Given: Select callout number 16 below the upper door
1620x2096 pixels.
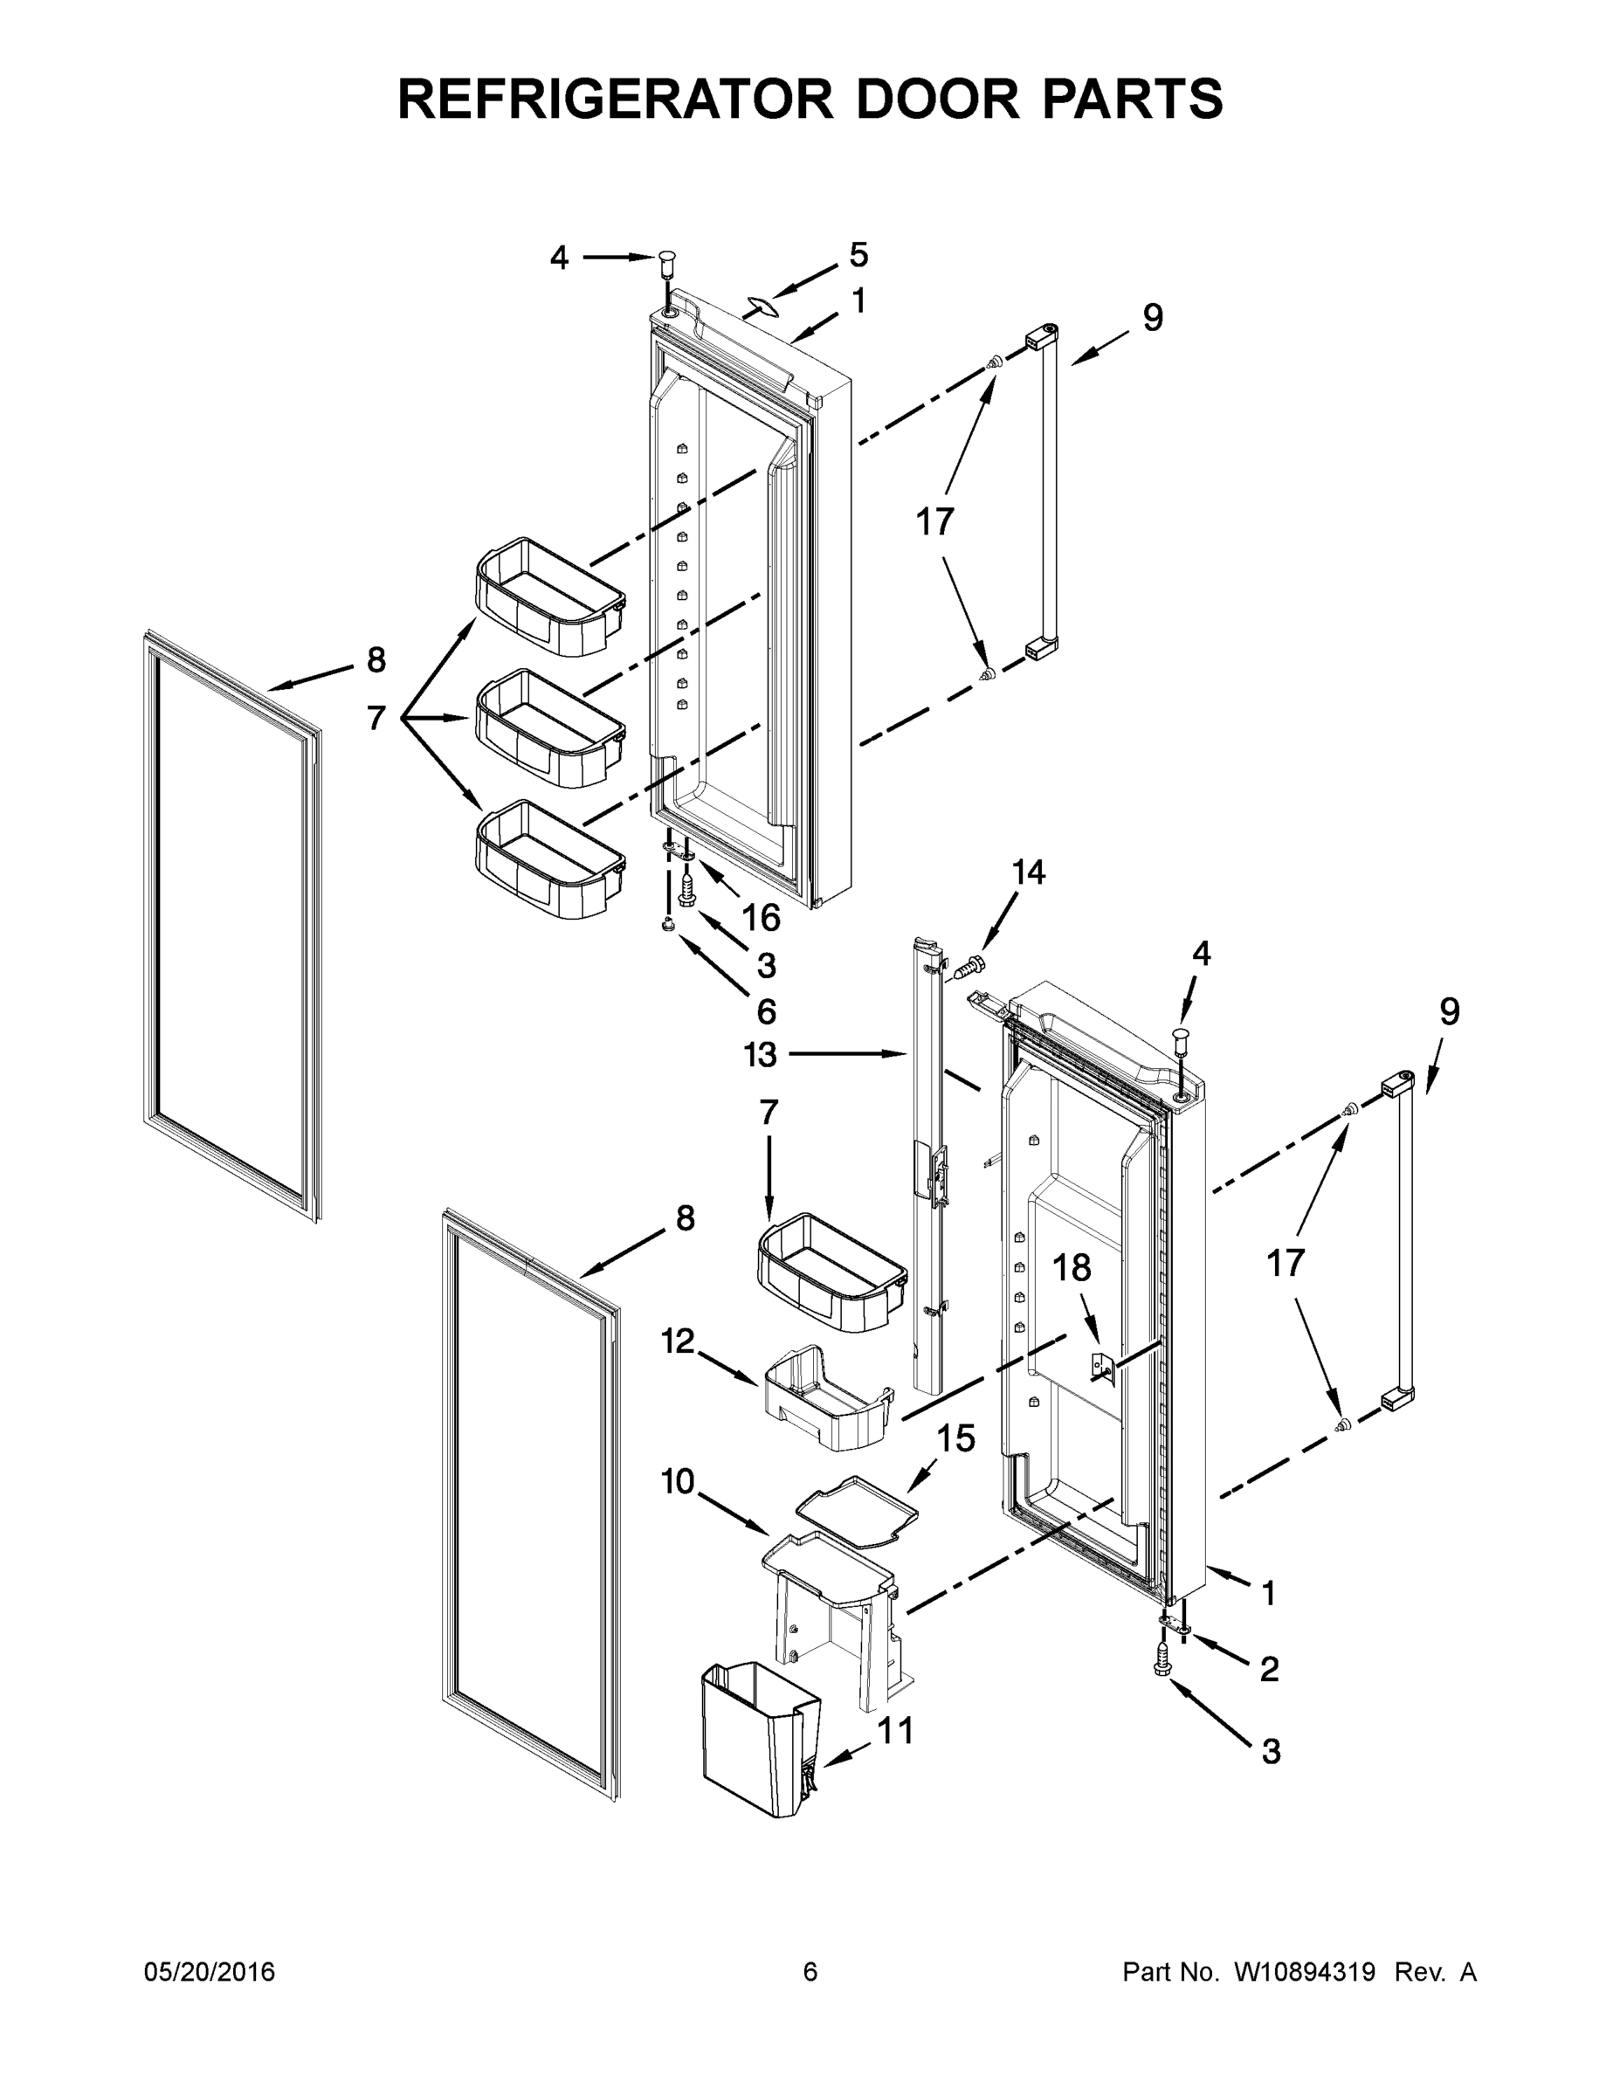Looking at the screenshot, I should point(760,919).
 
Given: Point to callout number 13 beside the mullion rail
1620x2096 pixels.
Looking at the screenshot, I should point(760,1055).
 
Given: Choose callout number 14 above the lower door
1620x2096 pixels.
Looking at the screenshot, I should point(1028,872).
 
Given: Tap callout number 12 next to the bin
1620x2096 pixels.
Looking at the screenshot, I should point(678,1341).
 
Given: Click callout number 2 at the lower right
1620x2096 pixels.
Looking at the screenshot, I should point(1269,1670).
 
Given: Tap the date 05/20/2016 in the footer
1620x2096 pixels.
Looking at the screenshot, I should point(210,1972).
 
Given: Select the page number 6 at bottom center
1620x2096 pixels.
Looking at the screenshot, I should point(810,1972).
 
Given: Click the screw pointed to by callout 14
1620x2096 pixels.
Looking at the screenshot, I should point(971,962).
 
